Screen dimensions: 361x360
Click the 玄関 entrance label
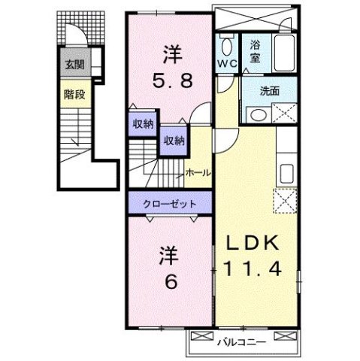[73, 64]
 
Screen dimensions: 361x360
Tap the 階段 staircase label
[73, 95]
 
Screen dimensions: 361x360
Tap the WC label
[227, 64]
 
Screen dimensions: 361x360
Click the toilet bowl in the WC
[228, 43]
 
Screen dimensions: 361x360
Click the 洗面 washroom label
[269, 91]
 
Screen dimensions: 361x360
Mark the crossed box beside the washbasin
[286, 114]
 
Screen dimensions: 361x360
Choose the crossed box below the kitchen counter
[286, 201]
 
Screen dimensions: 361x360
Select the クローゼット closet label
[171, 204]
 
